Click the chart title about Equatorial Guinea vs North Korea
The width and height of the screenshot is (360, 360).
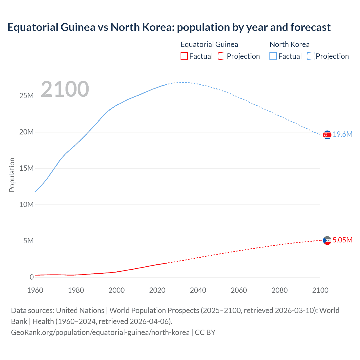169,27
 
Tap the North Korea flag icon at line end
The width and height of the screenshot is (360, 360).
327,135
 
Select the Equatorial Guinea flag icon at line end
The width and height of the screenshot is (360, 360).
327,240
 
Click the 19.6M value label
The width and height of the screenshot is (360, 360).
343,134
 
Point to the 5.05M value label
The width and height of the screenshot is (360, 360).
342,240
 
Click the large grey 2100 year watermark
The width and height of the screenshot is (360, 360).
65,89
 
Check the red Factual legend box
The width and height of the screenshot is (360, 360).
184,56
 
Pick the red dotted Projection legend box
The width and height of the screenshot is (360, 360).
222,56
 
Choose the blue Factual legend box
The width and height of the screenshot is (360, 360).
273,56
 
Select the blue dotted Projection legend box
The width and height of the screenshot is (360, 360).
311,56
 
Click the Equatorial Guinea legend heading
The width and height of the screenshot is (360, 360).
209,44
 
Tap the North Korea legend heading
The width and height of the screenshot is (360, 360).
289,44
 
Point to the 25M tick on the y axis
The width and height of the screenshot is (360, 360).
26,96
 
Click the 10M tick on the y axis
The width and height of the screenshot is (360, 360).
26,204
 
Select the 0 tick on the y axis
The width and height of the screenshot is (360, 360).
31,277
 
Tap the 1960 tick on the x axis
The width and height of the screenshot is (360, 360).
35,290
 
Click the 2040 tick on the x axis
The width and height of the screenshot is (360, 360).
198,290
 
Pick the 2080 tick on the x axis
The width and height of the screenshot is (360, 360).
280,290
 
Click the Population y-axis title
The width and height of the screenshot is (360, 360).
12,175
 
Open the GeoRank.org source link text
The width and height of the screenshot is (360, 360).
100,332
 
